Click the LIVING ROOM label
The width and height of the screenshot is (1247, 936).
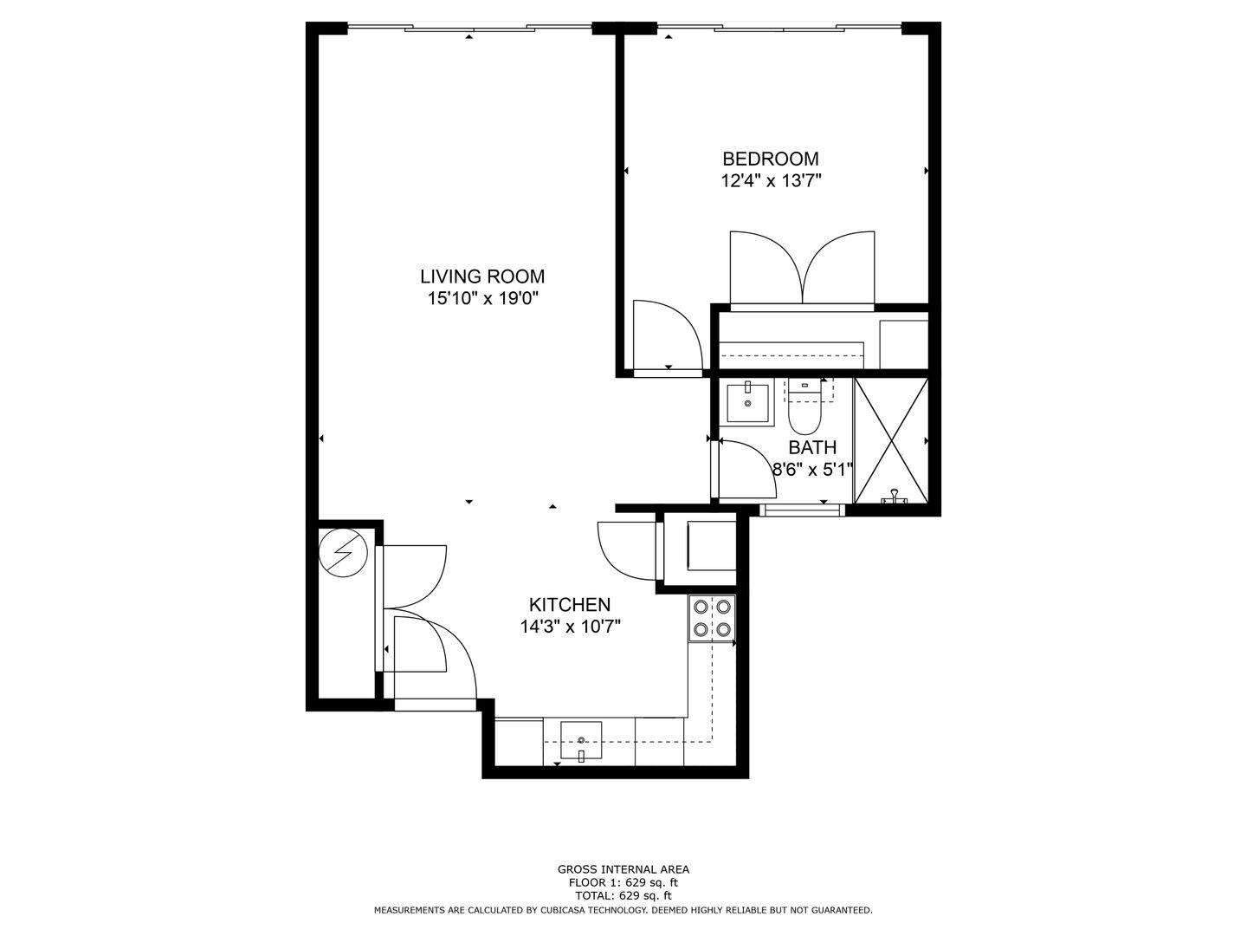pos(482,276)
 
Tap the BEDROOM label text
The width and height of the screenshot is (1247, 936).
pos(771,159)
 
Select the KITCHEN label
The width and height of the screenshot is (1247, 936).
pos(570,604)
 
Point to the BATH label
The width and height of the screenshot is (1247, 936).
pos(812,448)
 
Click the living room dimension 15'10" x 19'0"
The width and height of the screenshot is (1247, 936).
pos(482,298)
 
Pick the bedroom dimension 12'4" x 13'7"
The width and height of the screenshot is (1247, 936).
pos(771,181)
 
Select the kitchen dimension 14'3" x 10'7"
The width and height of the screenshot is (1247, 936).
pos(570,627)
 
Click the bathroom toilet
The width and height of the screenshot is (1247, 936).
pos(804,407)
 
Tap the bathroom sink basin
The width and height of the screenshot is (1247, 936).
pos(747,402)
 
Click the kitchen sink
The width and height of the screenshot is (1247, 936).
pos(581,740)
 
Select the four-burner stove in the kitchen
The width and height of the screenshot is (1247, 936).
pos(713,618)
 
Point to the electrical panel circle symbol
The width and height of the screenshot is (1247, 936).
pos(343,552)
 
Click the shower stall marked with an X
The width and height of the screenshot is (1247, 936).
pos(891,440)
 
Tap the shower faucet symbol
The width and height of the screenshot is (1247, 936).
pos(894,497)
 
